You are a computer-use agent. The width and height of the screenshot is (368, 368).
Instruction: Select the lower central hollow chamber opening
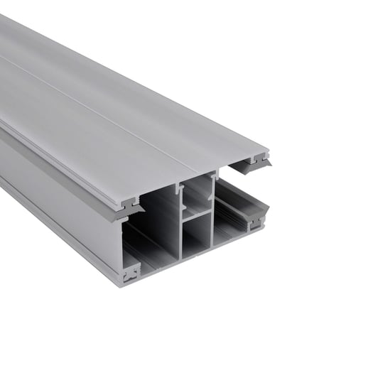pyautogui.click(x=197, y=234)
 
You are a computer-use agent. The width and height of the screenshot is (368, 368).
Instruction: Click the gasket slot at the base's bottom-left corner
pyautogui.click(x=131, y=272)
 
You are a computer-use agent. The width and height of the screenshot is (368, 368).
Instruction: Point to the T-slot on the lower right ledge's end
pyautogui.click(x=255, y=222)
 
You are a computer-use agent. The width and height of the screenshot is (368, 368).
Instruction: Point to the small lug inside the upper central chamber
pyautogui.click(x=185, y=191)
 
